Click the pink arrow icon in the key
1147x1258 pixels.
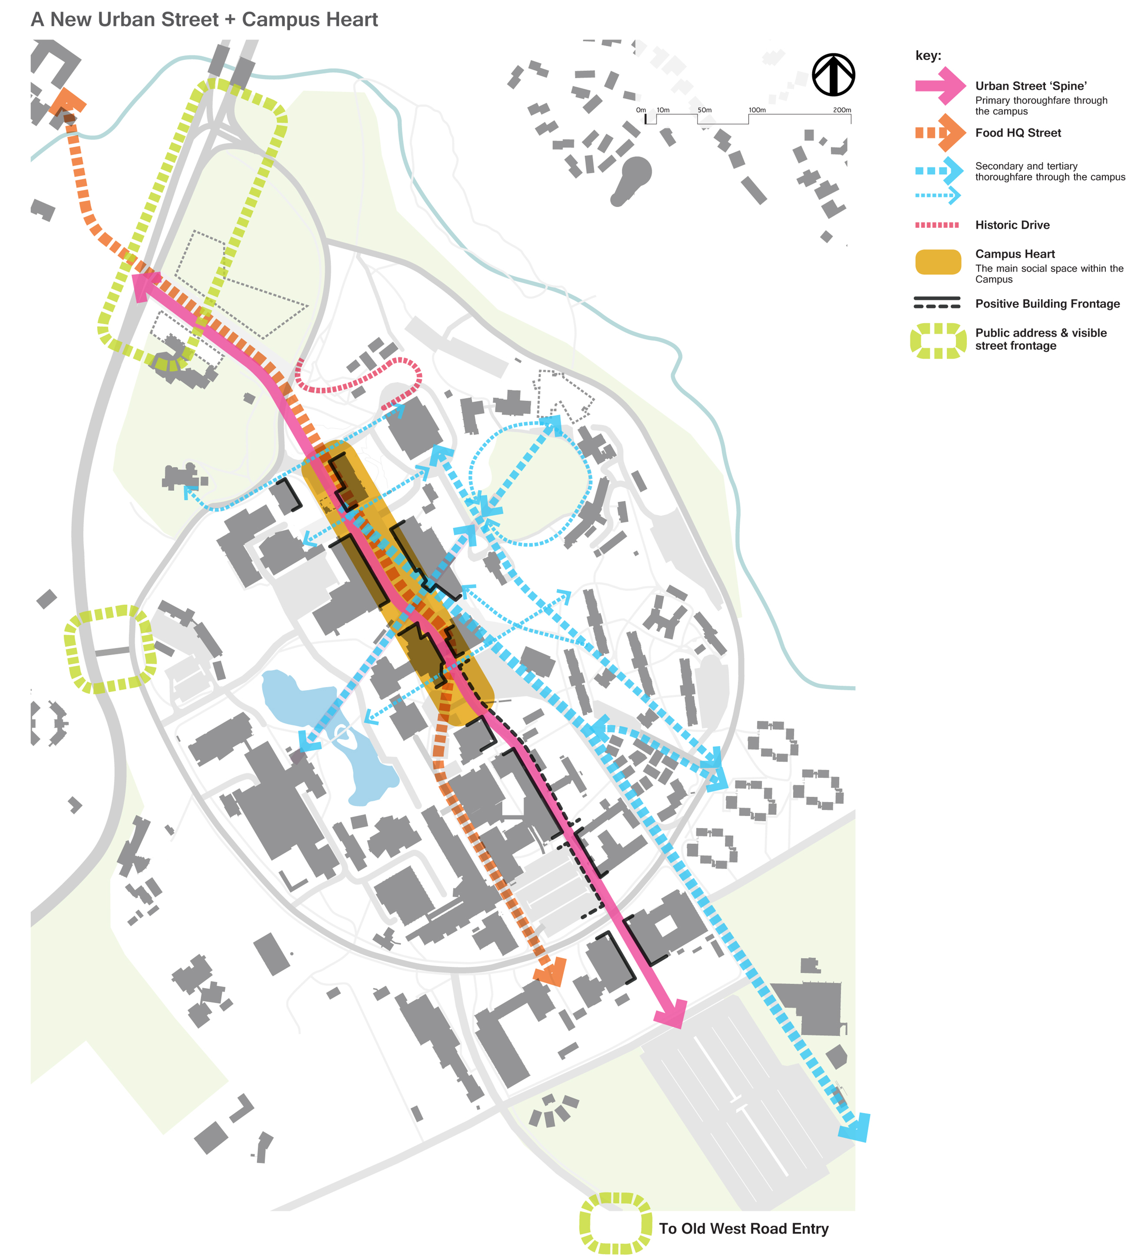940,86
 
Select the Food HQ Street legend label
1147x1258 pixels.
1018,133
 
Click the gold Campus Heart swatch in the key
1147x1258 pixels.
938,262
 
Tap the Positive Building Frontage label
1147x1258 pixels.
1047,304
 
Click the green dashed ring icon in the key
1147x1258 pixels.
938,341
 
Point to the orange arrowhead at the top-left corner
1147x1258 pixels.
67,103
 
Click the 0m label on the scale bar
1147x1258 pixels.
641,110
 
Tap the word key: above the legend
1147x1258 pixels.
928,56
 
